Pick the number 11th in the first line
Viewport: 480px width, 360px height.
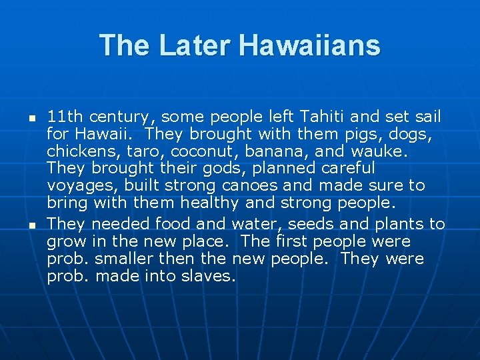click(65, 117)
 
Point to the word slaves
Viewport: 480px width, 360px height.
click(208, 275)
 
